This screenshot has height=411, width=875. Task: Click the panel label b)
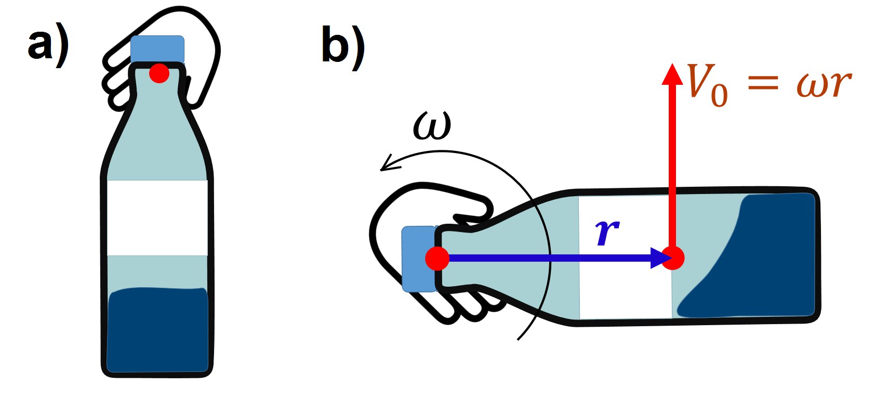click(343, 48)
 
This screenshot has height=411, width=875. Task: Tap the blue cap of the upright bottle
click(157, 49)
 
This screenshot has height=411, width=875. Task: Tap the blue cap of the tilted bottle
click(419, 259)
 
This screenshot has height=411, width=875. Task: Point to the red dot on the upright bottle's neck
click(159, 73)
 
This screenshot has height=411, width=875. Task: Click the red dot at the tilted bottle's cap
click(437, 259)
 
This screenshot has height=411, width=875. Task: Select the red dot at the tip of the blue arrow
click(673, 258)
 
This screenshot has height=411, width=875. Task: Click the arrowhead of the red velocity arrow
click(672, 74)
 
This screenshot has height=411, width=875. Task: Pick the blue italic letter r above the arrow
click(607, 232)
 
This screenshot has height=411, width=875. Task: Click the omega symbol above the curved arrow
click(432, 126)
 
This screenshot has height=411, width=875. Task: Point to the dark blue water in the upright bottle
click(157, 330)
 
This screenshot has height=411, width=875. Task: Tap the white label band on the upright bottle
click(157, 218)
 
